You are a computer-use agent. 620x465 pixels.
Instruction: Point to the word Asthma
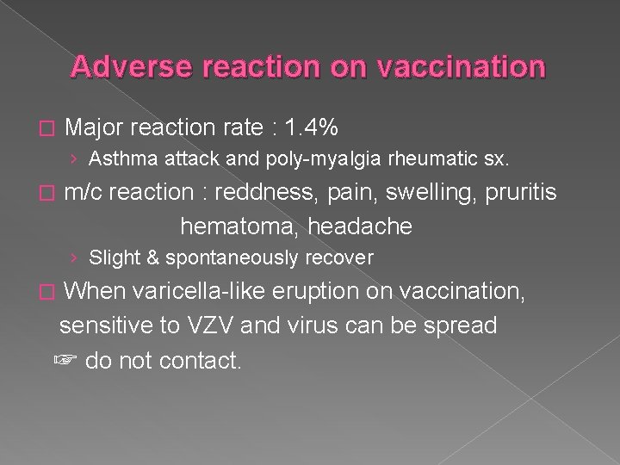(116, 158)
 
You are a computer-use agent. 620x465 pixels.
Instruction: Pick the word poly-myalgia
(275, 158)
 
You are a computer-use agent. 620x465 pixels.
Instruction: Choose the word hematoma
(228, 226)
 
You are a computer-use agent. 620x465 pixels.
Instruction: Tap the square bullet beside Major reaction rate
(46, 129)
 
